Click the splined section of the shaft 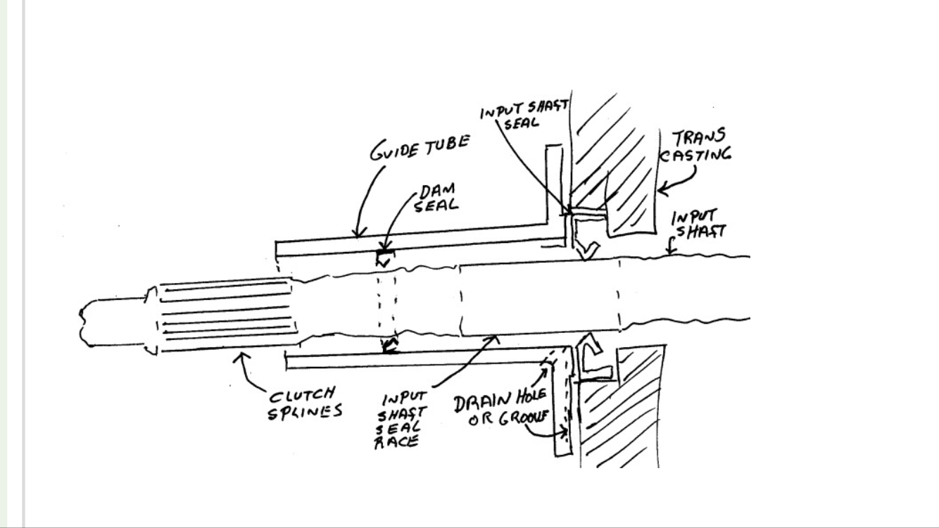(x=225, y=317)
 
